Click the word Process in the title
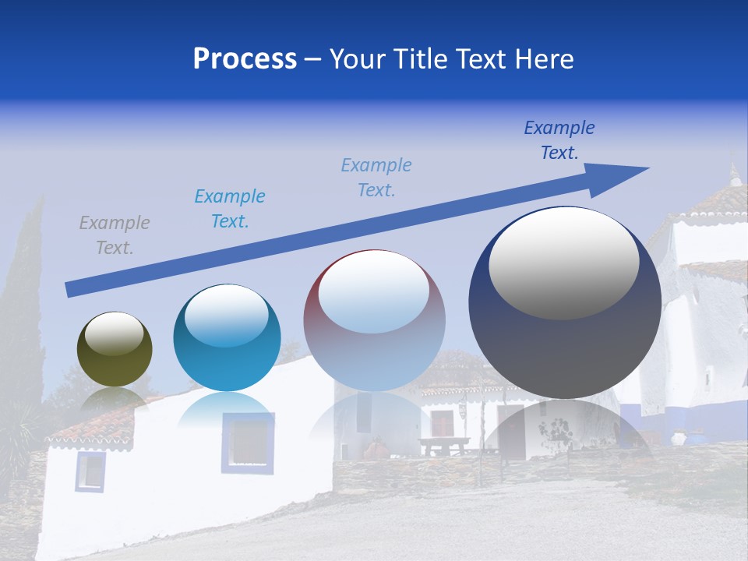(x=245, y=59)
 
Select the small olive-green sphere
(x=115, y=350)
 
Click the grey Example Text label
(x=115, y=235)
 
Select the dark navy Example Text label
(x=559, y=140)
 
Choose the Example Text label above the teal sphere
(x=230, y=209)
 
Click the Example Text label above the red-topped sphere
(x=376, y=178)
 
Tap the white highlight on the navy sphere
(x=564, y=263)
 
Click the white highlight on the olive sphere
(x=115, y=333)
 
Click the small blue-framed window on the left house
(x=90, y=471)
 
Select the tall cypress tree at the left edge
(x=23, y=312)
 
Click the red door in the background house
(x=443, y=425)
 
